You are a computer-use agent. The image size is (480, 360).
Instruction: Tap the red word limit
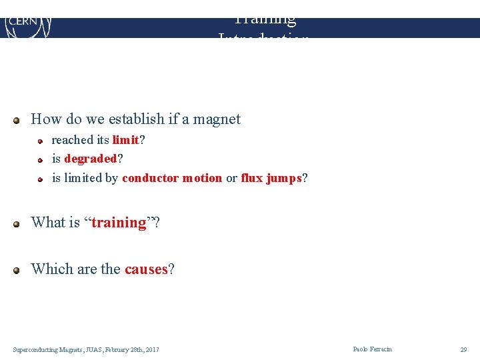click(125, 140)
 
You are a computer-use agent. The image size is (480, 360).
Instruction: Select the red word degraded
click(91, 159)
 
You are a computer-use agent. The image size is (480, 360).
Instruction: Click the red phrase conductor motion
click(172, 178)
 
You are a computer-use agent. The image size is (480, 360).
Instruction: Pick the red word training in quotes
click(119, 223)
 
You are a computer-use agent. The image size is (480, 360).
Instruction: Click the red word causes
click(146, 269)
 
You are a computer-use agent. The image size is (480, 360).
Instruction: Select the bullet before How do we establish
click(17, 121)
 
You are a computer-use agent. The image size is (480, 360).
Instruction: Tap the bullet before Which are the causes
click(17, 271)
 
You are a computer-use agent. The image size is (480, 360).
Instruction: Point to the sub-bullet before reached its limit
click(40, 141)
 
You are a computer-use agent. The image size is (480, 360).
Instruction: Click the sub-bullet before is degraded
click(40, 160)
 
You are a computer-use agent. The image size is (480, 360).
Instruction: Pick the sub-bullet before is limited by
click(40, 179)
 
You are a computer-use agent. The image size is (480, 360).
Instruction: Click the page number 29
click(463, 349)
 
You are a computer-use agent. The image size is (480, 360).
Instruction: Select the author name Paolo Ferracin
click(373, 349)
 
